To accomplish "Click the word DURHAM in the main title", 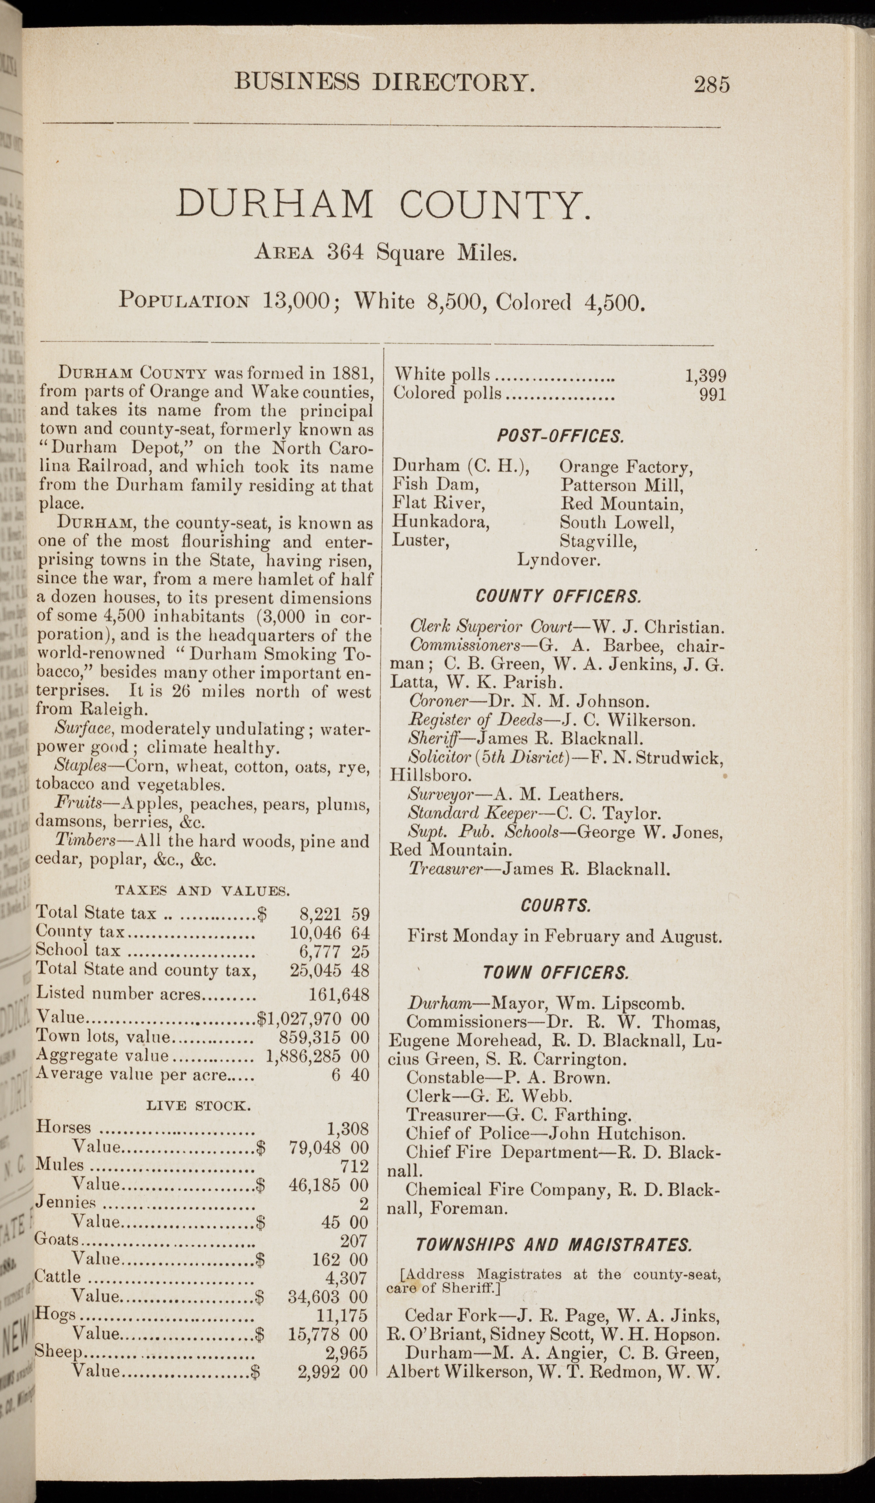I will pyautogui.click(x=275, y=204).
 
